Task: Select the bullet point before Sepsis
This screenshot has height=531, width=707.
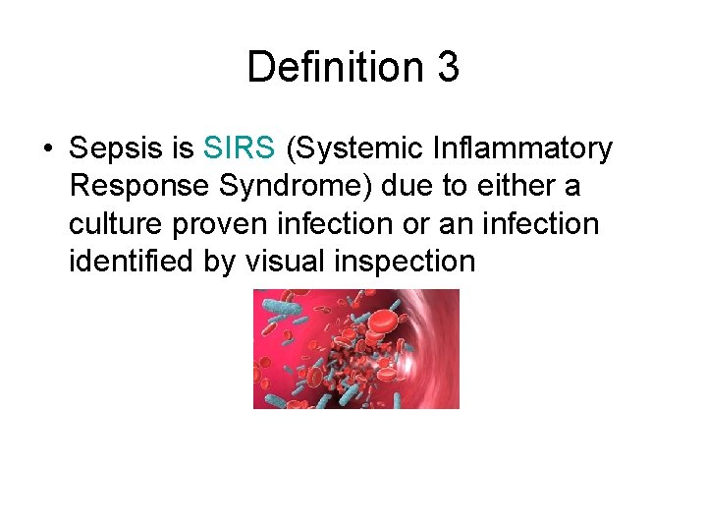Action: (x=47, y=149)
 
